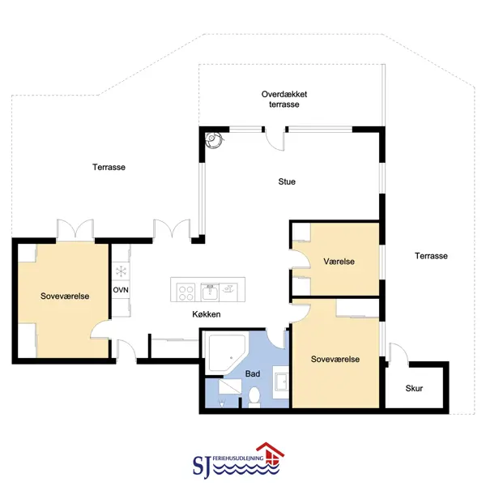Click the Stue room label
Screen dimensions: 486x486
pyautogui.click(x=287, y=181)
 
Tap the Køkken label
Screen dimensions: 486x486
pyautogui.click(x=207, y=314)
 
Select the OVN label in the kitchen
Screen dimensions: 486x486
pyautogui.click(x=121, y=290)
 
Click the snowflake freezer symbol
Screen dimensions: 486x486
pyautogui.click(x=121, y=271)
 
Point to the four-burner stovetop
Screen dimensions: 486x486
pyautogui.click(x=186, y=292)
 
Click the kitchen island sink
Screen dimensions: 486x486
pyautogui.click(x=210, y=292)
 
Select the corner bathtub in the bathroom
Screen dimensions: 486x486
pyautogui.click(x=227, y=354)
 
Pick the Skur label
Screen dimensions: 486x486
pyautogui.click(x=414, y=388)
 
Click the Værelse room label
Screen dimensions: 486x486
pyautogui.click(x=339, y=262)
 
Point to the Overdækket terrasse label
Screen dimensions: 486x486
pyautogui.click(x=284, y=99)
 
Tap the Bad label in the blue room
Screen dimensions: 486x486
pyautogui.click(x=253, y=373)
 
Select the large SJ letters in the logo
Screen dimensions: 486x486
pyautogui.click(x=202, y=466)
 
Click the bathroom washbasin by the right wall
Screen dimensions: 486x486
pyautogui.click(x=281, y=382)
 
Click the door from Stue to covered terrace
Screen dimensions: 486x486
pyautogui.click(x=275, y=139)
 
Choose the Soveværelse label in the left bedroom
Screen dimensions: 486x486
pyautogui.click(x=65, y=296)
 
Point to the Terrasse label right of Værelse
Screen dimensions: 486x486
pyautogui.click(x=431, y=256)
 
